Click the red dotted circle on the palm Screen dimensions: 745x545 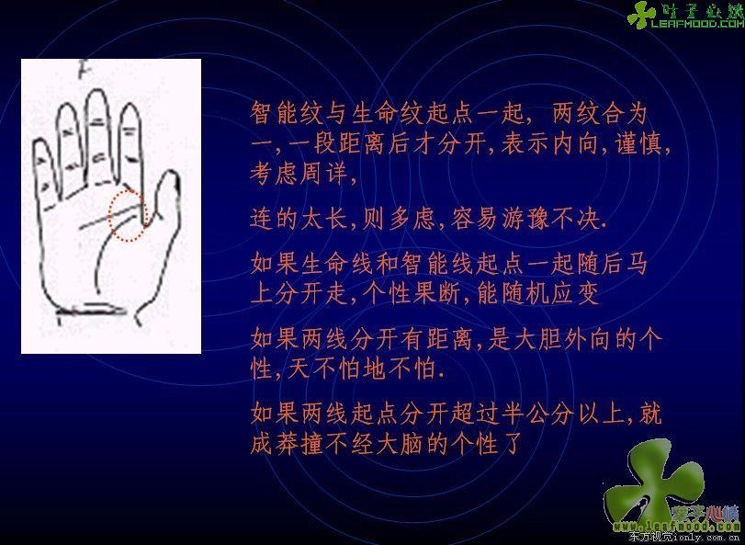[110, 215]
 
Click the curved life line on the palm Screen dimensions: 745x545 [101, 256]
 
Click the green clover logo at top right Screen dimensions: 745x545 [641, 15]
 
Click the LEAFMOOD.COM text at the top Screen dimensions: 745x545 [697, 23]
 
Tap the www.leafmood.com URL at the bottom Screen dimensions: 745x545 [678, 527]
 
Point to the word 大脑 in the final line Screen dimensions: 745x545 [399, 445]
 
